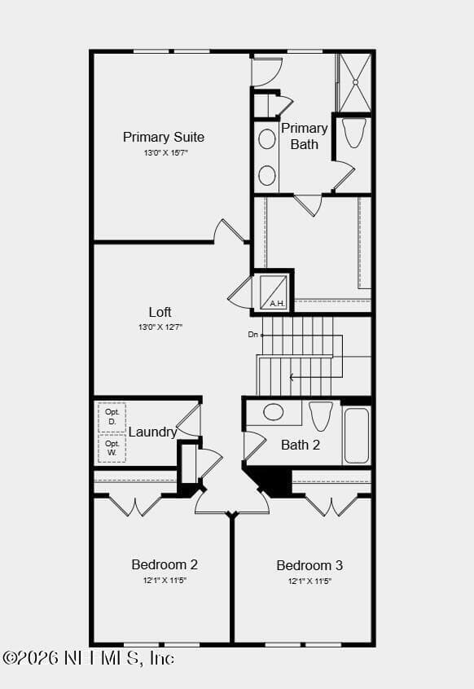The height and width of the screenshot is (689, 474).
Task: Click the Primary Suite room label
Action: (164, 137)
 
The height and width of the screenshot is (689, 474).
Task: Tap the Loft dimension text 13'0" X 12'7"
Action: (160, 327)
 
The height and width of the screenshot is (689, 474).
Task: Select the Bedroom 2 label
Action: (165, 564)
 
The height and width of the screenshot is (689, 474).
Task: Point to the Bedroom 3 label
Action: (309, 565)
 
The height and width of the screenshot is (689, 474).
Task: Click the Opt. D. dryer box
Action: (112, 417)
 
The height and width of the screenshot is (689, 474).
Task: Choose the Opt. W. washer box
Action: (112, 448)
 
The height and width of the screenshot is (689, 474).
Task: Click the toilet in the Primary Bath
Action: (354, 133)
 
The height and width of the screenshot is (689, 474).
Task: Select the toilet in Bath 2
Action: (321, 415)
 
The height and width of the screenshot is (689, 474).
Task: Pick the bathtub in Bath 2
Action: (357, 436)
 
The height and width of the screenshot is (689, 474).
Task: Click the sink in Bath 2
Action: (273, 412)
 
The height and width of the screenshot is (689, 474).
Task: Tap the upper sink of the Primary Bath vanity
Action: (267, 138)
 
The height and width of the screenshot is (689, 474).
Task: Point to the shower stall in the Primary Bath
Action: (355, 82)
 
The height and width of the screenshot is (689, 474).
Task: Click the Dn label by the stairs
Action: (253, 335)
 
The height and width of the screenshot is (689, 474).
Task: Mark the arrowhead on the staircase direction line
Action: (292, 377)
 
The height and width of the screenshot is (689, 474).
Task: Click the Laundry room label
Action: (152, 432)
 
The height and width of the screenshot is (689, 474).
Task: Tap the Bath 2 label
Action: (301, 445)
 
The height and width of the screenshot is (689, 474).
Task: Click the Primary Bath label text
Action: (305, 136)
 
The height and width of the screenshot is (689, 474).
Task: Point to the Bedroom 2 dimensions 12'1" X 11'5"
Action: (165, 581)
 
